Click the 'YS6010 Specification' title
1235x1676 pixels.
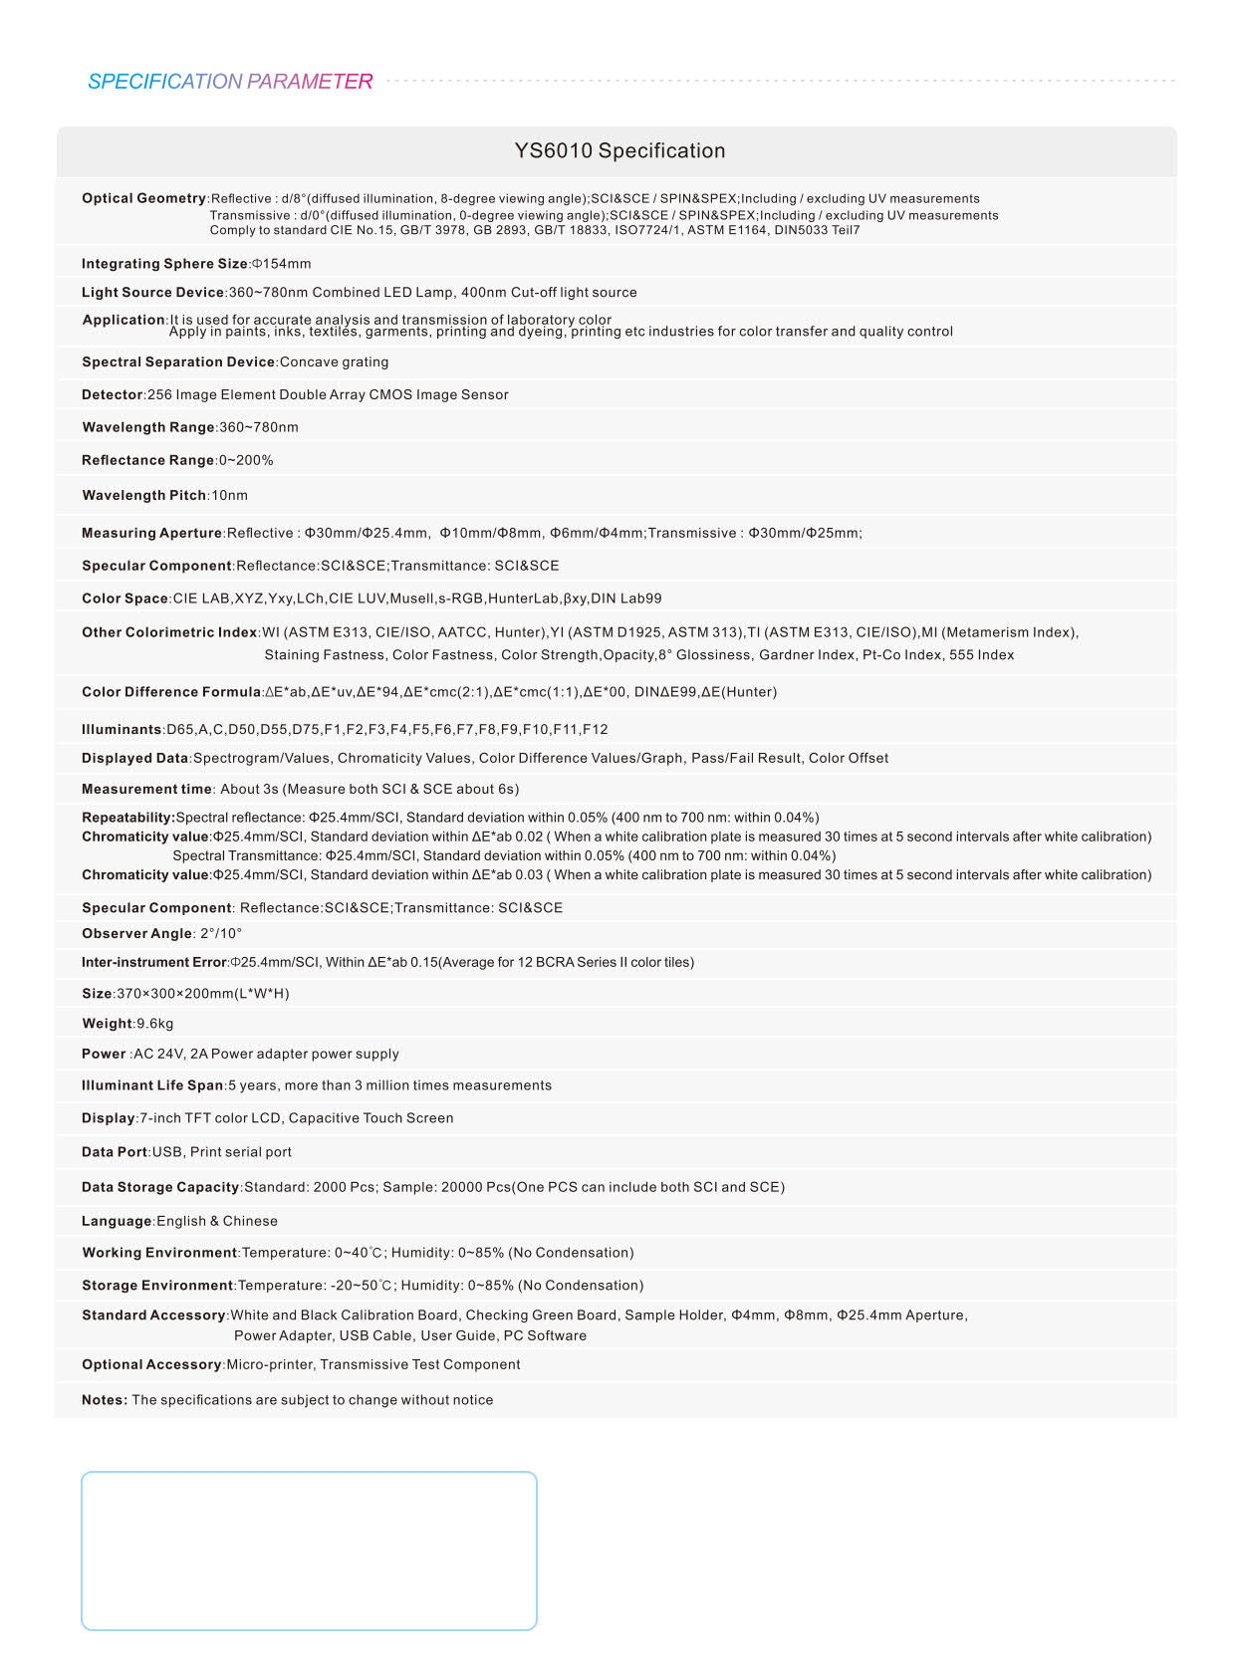619,151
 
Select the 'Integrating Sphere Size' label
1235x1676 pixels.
164,264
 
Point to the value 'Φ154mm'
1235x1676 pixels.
282,264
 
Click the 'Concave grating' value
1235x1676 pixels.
334,362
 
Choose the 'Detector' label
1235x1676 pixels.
113,395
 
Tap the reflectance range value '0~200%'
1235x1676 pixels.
246,460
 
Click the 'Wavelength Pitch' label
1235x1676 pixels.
143,495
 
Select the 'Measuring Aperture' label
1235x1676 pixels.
151,534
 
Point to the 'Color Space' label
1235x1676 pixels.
124,599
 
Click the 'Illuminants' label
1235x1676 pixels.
122,730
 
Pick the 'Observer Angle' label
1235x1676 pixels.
136,934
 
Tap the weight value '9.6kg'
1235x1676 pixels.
155,1024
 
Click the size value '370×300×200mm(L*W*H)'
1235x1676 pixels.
203,994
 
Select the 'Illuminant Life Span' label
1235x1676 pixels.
152,1085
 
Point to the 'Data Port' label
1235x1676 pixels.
115,1152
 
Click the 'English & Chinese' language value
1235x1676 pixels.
217,1221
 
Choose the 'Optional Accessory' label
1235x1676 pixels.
151,1365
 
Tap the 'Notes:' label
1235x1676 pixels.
105,1400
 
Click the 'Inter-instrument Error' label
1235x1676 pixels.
154,963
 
